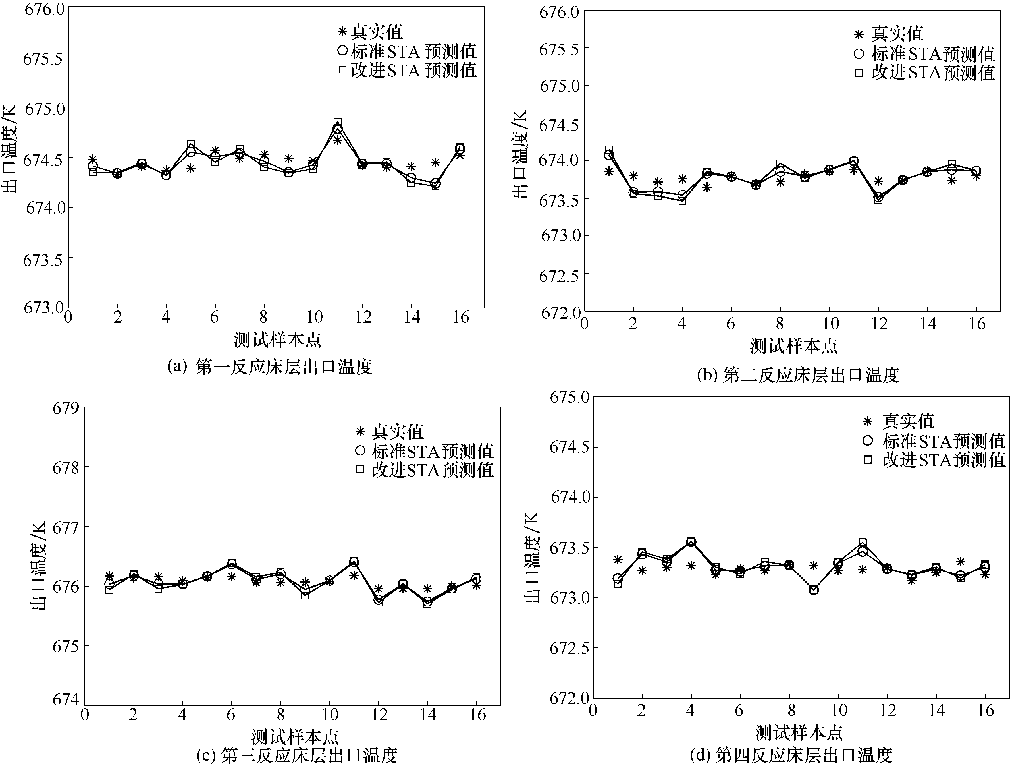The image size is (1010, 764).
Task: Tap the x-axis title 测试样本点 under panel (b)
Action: coord(793,346)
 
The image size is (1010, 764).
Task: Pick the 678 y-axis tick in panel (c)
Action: coord(66,467)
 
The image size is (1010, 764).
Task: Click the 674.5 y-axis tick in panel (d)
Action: coord(570,447)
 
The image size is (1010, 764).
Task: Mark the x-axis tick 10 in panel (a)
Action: coord(313,317)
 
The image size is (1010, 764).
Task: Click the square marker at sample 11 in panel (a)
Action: coord(337,123)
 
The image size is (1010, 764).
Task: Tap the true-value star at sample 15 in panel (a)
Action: coord(435,162)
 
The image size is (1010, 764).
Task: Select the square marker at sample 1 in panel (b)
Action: coord(609,150)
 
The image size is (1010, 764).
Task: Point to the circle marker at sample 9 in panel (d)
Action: coord(813,590)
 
